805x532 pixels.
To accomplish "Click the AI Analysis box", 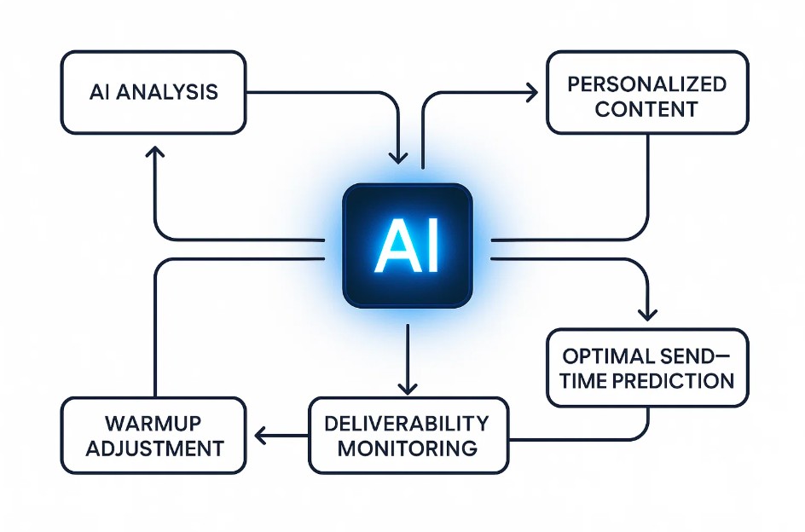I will [x=153, y=92].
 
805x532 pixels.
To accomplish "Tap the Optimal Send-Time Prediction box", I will [x=647, y=367].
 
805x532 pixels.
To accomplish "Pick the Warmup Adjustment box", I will [x=153, y=436].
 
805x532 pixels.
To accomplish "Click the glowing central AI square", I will [x=407, y=246].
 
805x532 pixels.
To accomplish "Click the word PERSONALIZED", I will [x=647, y=84].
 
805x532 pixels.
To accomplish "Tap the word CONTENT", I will [x=647, y=109].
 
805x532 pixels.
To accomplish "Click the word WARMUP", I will [x=153, y=424].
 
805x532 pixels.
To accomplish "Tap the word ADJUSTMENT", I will [x=153, y=448].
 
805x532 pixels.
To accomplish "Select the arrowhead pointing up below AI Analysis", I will [x=154, y=153].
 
